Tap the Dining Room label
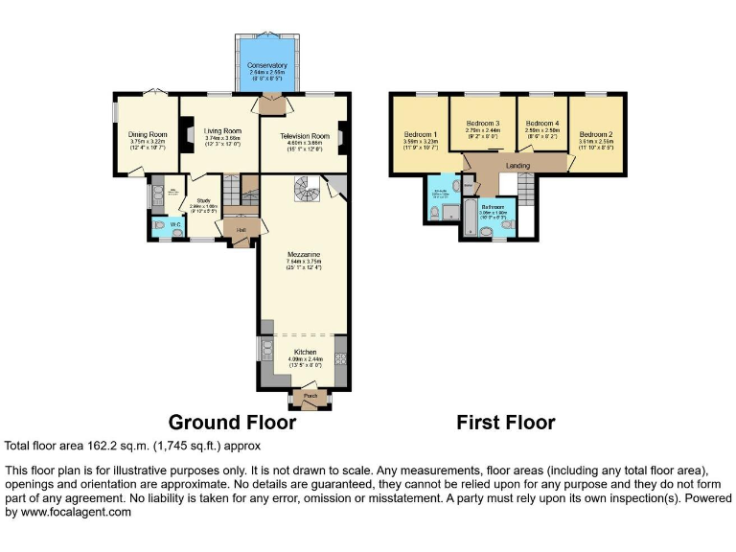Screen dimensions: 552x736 pyautogui.click(x=149, y=134)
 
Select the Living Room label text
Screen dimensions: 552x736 pyautogui.click(x=222, y=131)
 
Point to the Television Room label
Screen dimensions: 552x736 pyautogui.click(x=305, y=136)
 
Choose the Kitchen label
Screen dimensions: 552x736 pyautogui.click(x=303, y=353)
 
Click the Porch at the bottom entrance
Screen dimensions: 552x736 pyautogui.click(x=310, y=395)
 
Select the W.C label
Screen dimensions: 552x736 pyautogui.click(x=175, y=226)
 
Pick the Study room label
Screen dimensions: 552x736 pyautogui.click(x=203, y=200)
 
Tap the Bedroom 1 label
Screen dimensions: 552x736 pyautogui.click(x=421, y=134)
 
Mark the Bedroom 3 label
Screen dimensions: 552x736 pyautogui.click(x=483, y=124)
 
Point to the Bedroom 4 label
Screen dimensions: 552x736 pyautogui.click(x=541, y=124)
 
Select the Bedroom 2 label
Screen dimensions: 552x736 pyautogui.click(x=595, y=134)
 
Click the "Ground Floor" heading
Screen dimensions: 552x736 pyautogui.click(x=233, y=423)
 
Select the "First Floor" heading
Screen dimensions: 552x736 pyautogui.click(x=505, y=423)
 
